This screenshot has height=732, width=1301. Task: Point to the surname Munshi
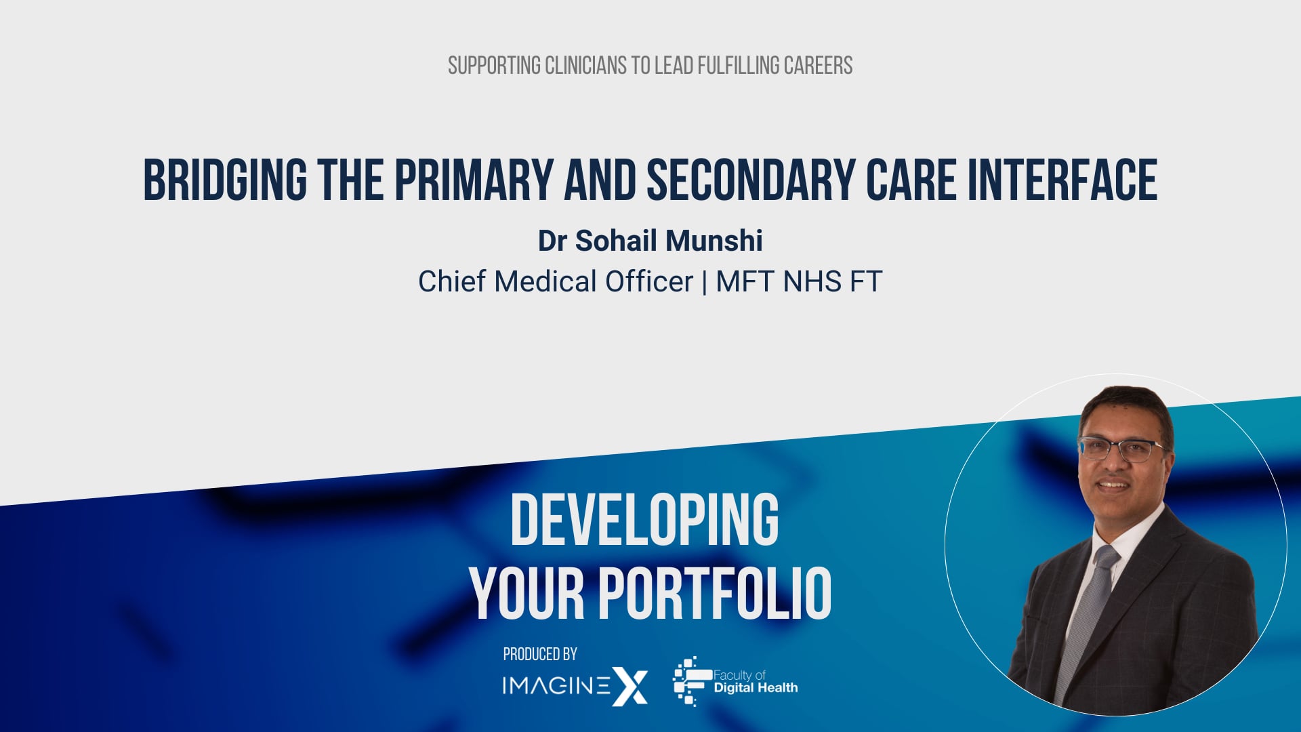(714, 241)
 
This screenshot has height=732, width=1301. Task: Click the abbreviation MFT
(744, 281)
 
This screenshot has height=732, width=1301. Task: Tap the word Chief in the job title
(451, 281)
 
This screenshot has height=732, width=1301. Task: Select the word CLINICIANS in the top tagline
(586, 66)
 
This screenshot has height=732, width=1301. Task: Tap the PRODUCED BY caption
(540, 654)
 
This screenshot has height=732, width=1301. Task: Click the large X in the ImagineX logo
(629, 686)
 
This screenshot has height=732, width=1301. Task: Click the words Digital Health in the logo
(756, 688)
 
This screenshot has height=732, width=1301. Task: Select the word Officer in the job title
(648, 281)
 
